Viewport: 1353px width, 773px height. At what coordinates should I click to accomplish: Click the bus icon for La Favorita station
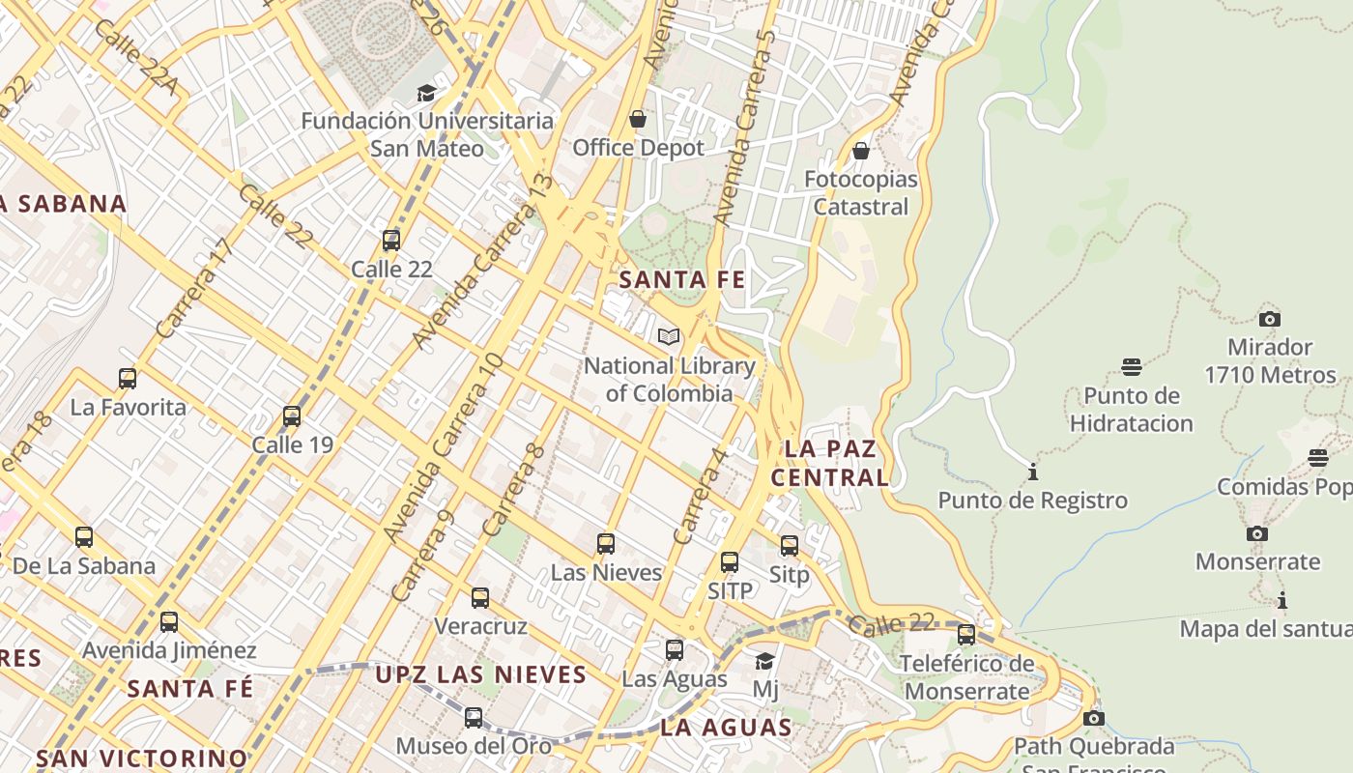pyautogui.click(x=128, y=379)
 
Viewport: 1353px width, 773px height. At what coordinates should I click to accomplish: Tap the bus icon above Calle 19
pyautogui.click(x=292, y=416)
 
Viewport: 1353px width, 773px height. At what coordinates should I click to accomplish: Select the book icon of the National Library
pyautogui.click(x=668, y=337)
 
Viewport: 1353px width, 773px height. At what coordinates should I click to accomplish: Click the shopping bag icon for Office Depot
pyautogui.click(x=638, y=119)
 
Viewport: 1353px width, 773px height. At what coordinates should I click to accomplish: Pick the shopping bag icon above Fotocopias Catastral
pyautogui.click(x=861, y=151)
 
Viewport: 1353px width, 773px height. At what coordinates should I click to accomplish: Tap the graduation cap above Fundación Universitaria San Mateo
pyautogui.click(x=426, y=93)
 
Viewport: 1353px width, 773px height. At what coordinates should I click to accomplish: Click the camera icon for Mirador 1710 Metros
pyautogui.click(x=1270, y=319)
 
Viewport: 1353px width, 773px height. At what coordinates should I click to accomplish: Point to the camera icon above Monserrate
pyautogui.click(x=1256, y=533)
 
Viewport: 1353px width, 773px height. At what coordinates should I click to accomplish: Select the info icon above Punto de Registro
pyautogui.click(x=1033, y=472)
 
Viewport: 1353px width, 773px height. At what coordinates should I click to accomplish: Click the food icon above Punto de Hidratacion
pyautogui.click(x=1132, y=367)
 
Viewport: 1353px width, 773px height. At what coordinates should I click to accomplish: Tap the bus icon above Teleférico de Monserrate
pyautogui.click(x=966, y=635)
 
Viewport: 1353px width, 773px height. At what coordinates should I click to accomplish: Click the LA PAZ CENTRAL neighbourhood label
pyautogui.click(x=830, y=463)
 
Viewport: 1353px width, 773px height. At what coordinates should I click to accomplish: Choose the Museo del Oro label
pyautogui.click(x=474, y=746)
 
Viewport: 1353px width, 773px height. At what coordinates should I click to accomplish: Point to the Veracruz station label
pyautogui.click(x=480, y=626)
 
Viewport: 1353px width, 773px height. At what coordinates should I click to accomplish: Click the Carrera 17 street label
pyautogui.click(x=195, y=288)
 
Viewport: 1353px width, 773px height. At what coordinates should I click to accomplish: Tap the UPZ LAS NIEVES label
pyautogui.click(x=481, y=674)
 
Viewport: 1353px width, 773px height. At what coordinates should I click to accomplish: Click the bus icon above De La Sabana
pyautogui.click(x=84, y=537)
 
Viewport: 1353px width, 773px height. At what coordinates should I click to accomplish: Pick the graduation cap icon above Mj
pyautogui.click(x=764, y=662)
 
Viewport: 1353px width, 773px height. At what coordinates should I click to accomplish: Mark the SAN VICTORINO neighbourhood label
pyautogui.click(x=142, y=758)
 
